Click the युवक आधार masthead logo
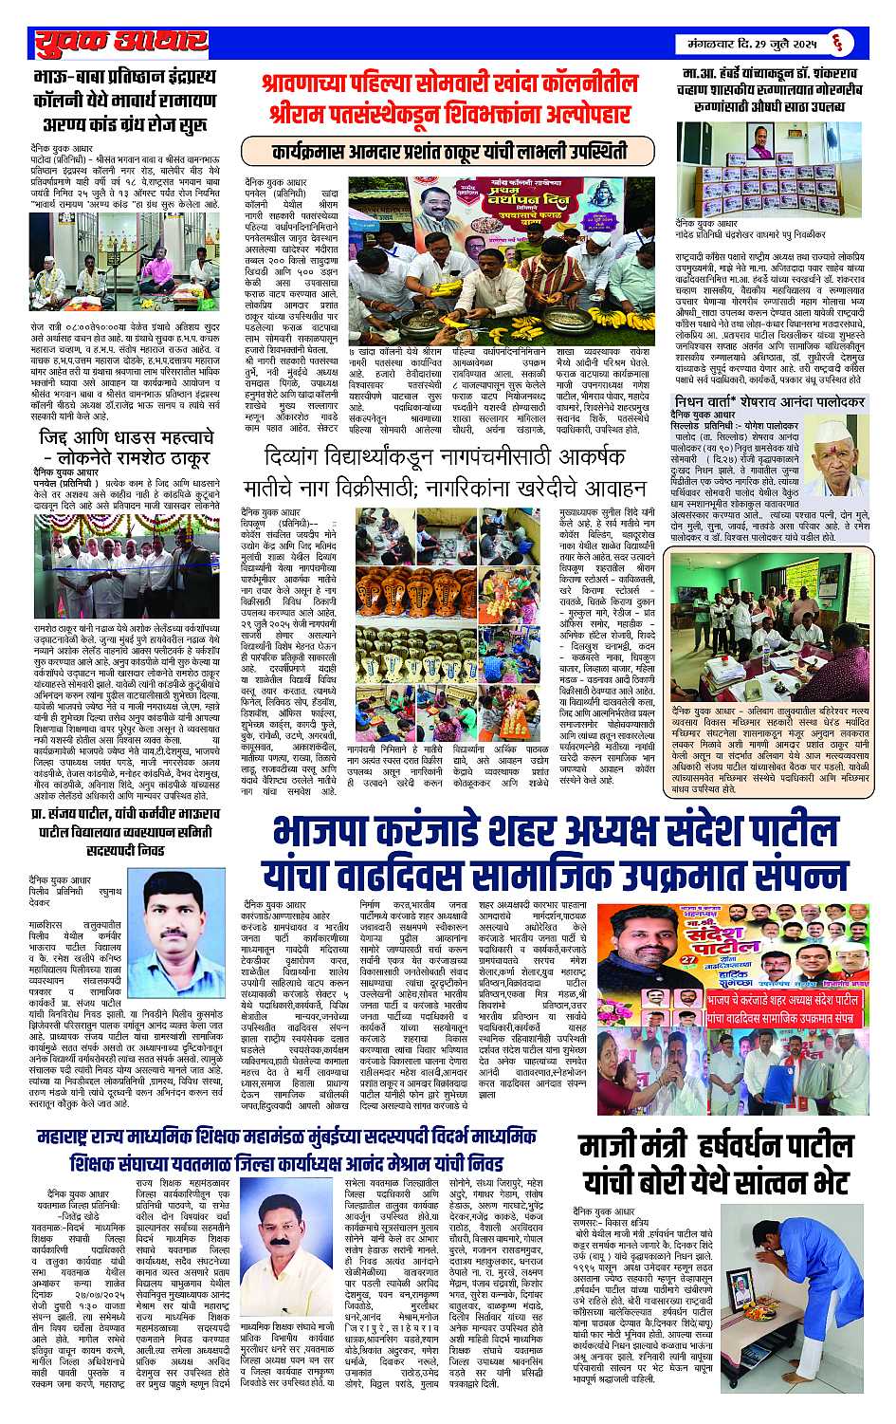click(x=119, y=42)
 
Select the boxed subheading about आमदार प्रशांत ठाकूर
click(x=448, y=151)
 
